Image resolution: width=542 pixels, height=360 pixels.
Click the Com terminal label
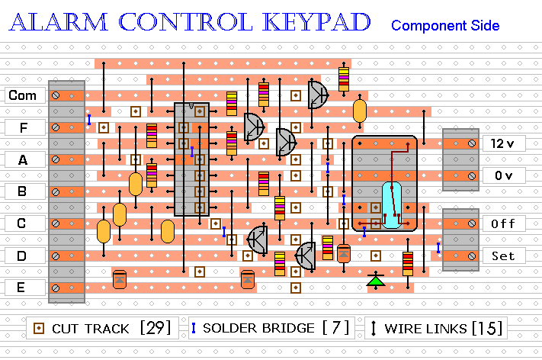[23, 95]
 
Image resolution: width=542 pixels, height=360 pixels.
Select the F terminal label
[23, 127]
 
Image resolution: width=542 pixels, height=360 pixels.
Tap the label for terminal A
[23, 159]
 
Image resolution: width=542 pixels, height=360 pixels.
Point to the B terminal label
[23, 191]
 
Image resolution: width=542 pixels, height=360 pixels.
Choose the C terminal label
[23, 223]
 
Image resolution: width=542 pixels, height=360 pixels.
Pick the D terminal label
[23, 256]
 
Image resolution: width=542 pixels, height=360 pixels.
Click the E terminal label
[23, 288]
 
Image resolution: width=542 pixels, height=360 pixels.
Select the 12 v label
[502, 143]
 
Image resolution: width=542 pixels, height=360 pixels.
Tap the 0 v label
[502, 175]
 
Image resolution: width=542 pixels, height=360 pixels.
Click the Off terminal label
[502, 223]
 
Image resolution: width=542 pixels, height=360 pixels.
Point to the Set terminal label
[502, 256]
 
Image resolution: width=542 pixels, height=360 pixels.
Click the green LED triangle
[374, 281]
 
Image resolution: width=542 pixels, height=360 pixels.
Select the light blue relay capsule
[392, 205]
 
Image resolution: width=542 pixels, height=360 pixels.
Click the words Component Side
[445, 26]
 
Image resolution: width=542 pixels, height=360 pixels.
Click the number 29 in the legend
[156, 329]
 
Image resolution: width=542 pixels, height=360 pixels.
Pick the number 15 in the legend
[487, 329]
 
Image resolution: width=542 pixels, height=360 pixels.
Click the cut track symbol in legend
[38, 329]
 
